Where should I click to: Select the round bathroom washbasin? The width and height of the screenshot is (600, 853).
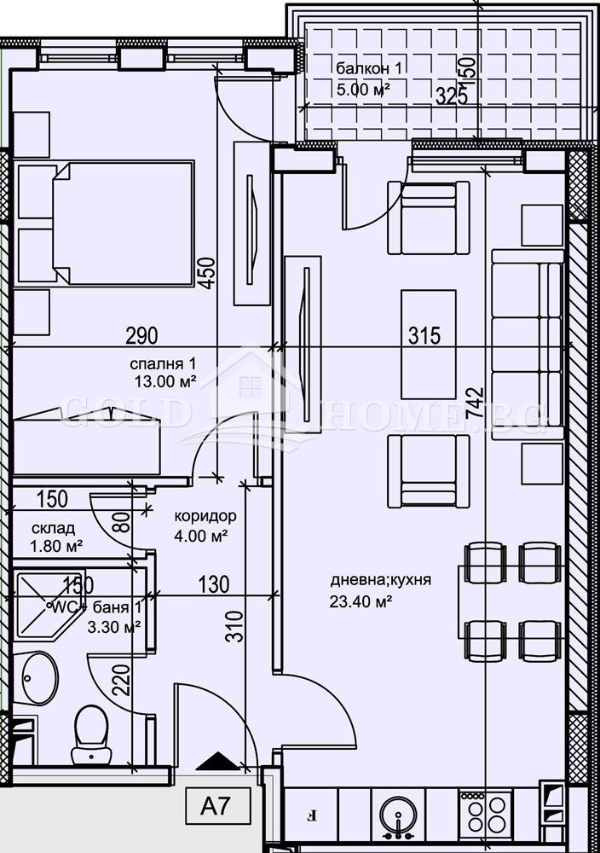tap(37, 679)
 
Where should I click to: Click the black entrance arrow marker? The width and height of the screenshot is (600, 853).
tap(218, 760)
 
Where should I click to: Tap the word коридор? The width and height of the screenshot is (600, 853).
tap(205, 517)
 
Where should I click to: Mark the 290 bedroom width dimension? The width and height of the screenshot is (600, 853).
tap(141, 335)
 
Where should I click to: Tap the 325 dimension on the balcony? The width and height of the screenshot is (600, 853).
tap(451, 96)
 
